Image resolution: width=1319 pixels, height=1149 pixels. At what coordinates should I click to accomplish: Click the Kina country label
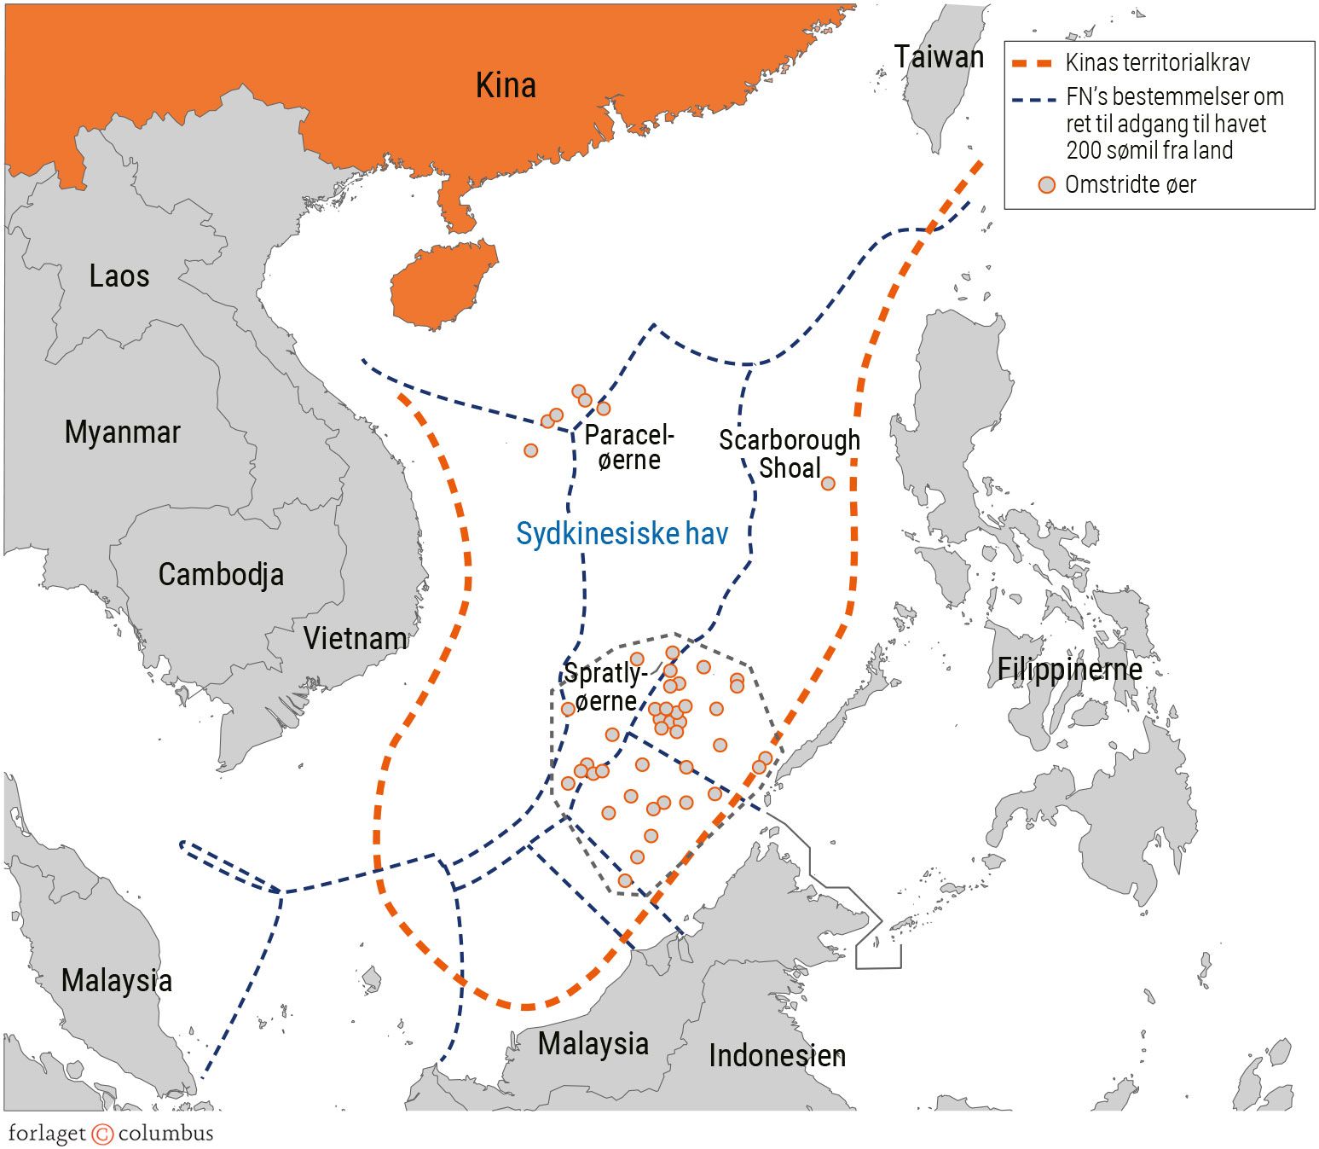click(506, 85)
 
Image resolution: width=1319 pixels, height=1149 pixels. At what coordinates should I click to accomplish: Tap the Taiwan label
click(939, 57)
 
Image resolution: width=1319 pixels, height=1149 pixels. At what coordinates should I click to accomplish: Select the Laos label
click(119, 276)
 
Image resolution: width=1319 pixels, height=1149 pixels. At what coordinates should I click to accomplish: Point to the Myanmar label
click(123, 432)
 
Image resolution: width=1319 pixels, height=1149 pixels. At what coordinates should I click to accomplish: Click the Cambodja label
click(221, 574)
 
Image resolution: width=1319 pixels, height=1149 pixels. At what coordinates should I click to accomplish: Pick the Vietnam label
click(356, 638)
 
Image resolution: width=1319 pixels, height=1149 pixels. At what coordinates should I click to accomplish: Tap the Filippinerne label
click(1069, 670)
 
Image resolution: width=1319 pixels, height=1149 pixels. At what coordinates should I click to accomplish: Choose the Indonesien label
click(777, 1056)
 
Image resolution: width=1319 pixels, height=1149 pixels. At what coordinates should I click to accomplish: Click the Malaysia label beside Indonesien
click(593, 1043)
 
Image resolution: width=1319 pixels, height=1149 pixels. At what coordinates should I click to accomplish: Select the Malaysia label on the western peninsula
click(117, 980)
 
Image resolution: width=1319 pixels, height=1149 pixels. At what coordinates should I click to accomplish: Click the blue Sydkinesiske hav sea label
click(622, 534)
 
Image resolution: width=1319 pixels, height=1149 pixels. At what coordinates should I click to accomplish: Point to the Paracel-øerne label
click(629, 448)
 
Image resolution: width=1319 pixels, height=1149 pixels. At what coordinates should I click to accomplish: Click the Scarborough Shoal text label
click(790, 454)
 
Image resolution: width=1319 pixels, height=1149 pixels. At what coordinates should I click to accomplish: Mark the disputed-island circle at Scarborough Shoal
click(828, 484)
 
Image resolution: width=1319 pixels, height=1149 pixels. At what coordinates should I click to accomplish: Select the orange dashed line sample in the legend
click(1032, 63)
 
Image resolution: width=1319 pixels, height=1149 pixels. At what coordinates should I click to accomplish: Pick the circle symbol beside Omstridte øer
click(1047, 185)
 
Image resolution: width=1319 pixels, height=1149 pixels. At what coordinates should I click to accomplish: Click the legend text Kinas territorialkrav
click(1157, 63)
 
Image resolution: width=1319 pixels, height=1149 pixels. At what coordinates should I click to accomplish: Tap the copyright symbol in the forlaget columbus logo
click(102, 1134)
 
